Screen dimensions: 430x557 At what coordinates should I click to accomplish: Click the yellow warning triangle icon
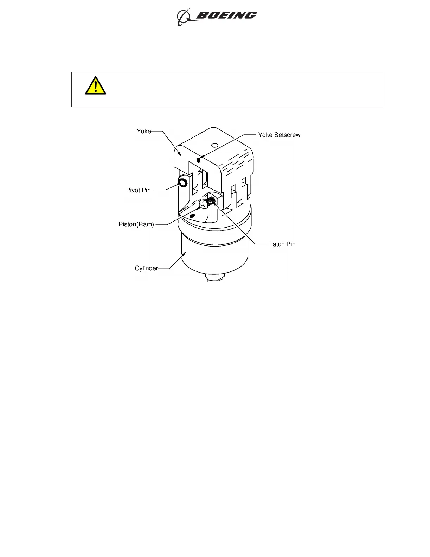click(x=95, y=86)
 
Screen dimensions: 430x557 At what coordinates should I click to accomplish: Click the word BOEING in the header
click(x=226, y=15)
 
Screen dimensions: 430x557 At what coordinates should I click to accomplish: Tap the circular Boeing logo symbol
click(x=183, y=17)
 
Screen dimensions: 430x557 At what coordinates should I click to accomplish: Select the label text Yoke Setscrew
click(x=279, y=135)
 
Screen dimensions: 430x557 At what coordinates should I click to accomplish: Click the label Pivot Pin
click(x=138, y=190)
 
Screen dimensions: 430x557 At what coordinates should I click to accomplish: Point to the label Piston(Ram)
click(x=136, y=224)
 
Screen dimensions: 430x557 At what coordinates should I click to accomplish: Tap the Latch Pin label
click(x=282, y=244)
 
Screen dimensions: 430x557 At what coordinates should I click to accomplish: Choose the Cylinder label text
click(x=146, y=268)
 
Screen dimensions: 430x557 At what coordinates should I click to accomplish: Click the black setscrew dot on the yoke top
click(x=199, y=160)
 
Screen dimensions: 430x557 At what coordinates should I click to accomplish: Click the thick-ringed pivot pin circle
click(x=183, y=182)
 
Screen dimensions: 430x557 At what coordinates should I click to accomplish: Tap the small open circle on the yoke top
click(x=214, y=145)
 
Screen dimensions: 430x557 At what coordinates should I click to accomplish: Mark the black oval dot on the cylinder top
click(x=192, y=215)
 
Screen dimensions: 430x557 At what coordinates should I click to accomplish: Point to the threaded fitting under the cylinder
click(x=214, y=277)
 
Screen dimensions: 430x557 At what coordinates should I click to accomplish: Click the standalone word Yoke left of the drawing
click(x=143, y=131)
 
